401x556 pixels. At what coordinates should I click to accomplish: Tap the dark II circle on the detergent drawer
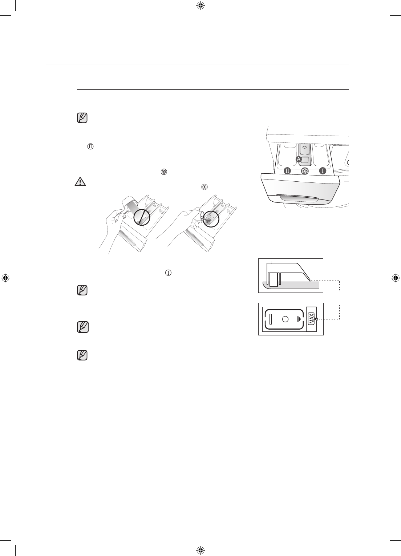point(288,170)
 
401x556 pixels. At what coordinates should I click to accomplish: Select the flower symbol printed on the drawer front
point(305,171)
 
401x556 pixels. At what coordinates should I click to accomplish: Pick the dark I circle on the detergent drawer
point(321,170)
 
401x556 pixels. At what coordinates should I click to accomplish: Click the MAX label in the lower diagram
point(311,319)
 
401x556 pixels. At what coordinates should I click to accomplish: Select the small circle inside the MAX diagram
point(285,319)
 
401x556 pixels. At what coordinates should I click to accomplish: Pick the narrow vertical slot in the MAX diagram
point(271,319)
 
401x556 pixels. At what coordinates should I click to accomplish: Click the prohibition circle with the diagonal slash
point(142,218)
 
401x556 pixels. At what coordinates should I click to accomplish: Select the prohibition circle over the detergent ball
point(212,218)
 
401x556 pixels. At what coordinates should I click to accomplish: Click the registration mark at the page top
point(200,5)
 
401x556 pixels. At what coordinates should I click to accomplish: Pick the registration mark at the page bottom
point(200,551)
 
